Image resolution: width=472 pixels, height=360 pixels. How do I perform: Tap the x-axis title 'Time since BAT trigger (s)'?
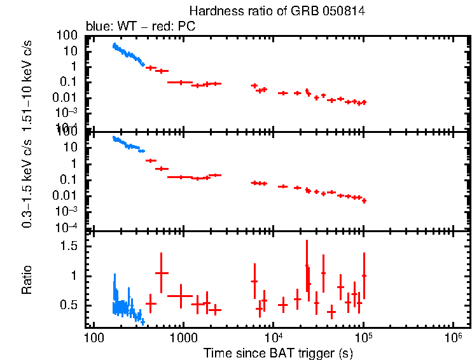278,352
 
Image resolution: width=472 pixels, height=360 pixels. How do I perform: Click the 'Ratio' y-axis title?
27,280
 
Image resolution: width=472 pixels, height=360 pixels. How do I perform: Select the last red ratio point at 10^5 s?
364,275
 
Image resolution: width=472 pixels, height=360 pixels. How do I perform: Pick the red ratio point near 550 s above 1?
162,272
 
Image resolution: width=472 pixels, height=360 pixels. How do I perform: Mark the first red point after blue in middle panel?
151,160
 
